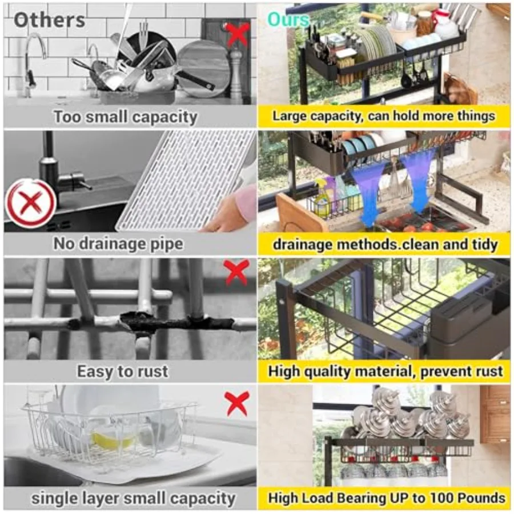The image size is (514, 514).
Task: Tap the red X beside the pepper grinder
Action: pyautogui.click(x=237, y=34)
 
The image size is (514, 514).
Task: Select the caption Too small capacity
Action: pyautogui.click(x=125, y=117)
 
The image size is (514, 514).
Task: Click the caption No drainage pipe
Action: pyautogui.click(x=118, y=244)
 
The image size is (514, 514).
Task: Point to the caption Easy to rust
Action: pyautogui.click(x=122, y=371)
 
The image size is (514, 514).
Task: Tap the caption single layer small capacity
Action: pyautogui.click(x=132, y=498)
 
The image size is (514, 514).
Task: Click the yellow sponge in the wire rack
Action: pyautogui.click(x=114, y=440)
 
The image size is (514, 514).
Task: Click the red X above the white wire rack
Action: pyautogui.click(x=236, y=403)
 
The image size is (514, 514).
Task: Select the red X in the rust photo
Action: pyautogui.click(x=236, y=274)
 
